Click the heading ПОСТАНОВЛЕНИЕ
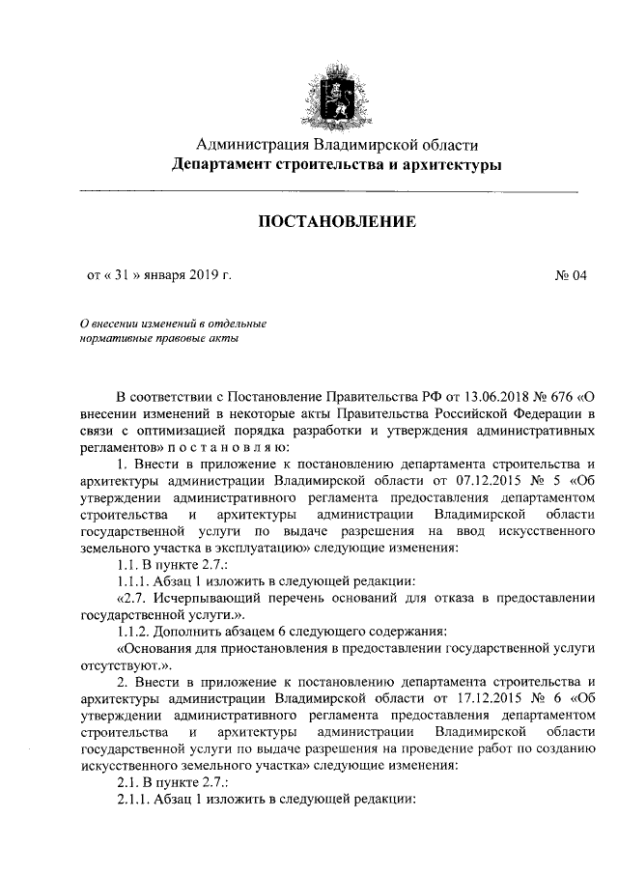click(x=336, y=223)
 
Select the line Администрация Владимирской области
click(x=337, y=146)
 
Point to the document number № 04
click(x=571, y=275)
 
